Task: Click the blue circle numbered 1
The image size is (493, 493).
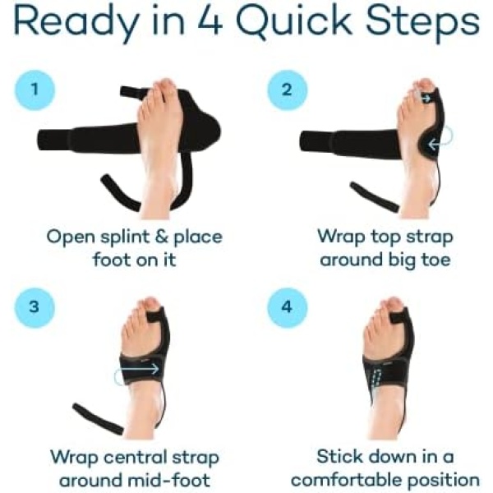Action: click(35, 90)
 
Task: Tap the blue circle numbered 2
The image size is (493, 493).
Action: click(287, 90)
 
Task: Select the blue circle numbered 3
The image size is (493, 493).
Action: click(35, 307)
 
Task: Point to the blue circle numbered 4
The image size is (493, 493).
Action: click(287, 307)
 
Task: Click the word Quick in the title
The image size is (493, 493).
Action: click(293, 21)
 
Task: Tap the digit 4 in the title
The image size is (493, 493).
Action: click(210, 20)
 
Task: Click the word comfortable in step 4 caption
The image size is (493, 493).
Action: click(347, 480)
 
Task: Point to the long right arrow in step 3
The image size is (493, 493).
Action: click(138, 368)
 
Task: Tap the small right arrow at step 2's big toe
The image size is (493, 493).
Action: click(426, 99)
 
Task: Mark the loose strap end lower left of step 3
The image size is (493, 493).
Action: click(98, 419)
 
